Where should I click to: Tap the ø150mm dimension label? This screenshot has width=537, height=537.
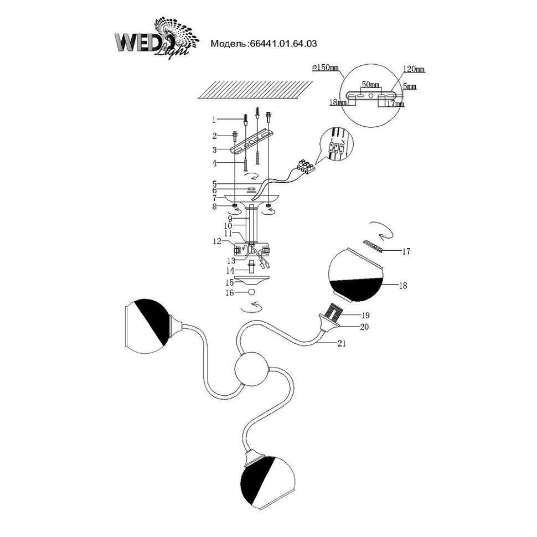pyautogui.click(x=325, y=68)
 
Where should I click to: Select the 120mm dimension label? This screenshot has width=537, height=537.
pyautogui.click(x=414, y=70)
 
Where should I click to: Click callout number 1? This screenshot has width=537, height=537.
pyautogui.click(x=214, y=120)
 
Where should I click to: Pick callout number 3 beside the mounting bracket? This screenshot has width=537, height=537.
pyautogui.click(x=214, y=149)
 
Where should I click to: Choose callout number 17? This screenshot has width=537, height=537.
pyautogui.click(x=406, y=252)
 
